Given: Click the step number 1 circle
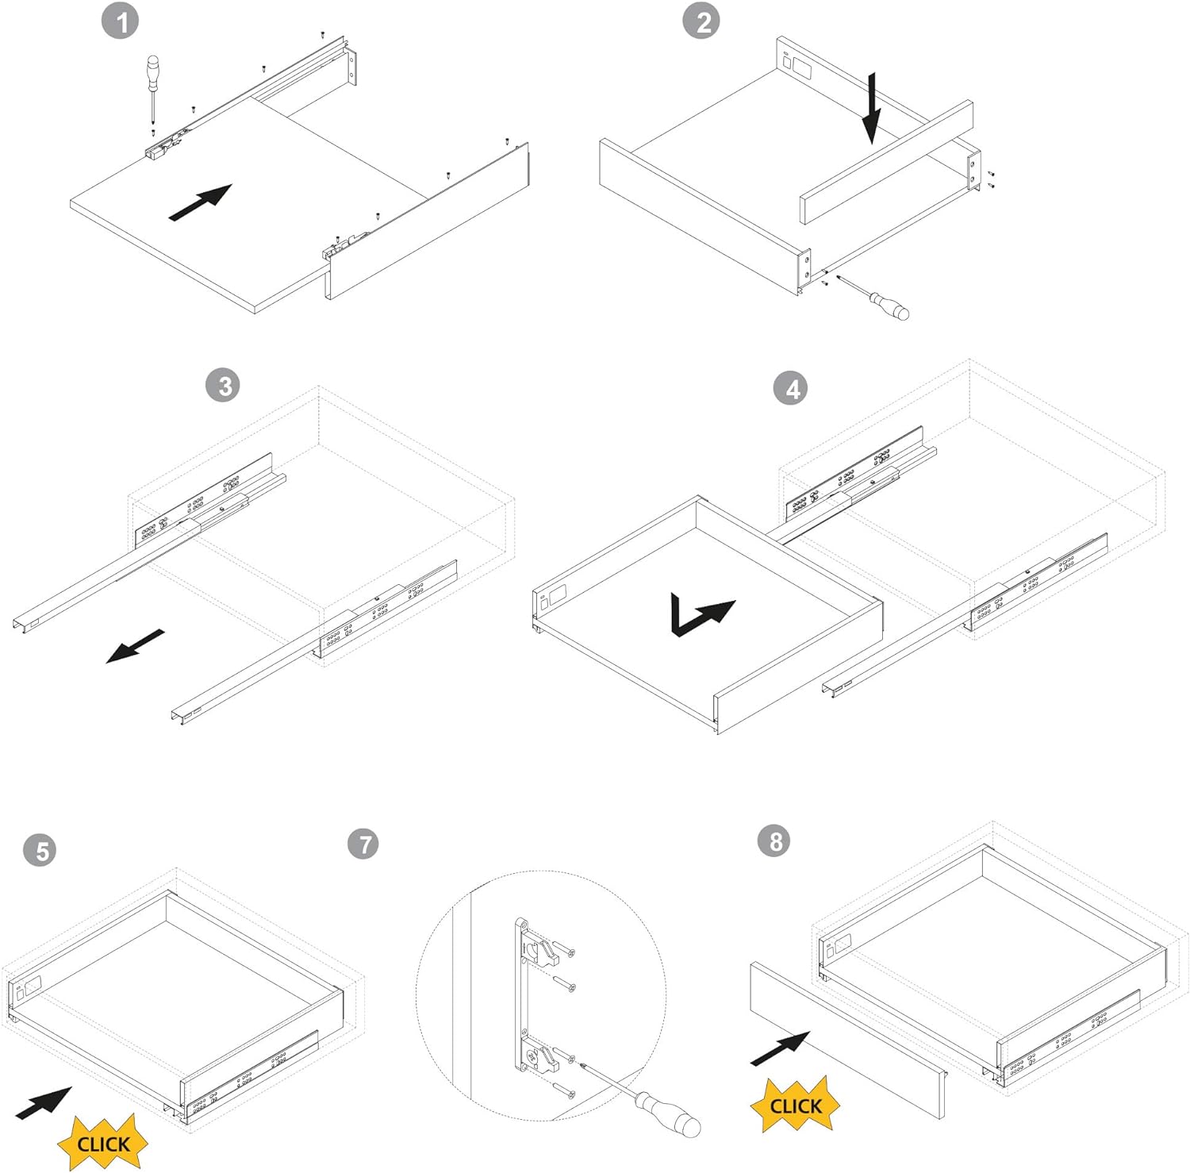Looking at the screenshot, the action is pyautogui.click(x=120, y=21).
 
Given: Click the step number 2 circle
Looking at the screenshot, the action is pyautogui.click(x=702, y=21).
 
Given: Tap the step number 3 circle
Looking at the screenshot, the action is pyautogui.click(x=225, y=386).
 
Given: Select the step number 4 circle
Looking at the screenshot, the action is pyautogui.click(x=792, y=388).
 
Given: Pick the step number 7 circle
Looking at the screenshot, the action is pyautogui.click(x=364, y=843).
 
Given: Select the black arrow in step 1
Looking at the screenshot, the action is pyautogui.click(x=200, y=202).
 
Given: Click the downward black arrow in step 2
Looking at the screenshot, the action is pyautogui.click(x=872, y=108).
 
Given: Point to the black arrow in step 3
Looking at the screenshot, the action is pyautogui.click(x=136, y=646).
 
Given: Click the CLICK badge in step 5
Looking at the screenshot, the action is pyautogui.click(x=103, y=1144).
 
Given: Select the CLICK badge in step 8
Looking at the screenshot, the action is pyautogui.click(x=795, y=1106).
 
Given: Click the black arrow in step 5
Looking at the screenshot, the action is pyautogui.click(x=44, y=1103).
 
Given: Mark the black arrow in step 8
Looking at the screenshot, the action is pyautogui.click(x=780, y=1048).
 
